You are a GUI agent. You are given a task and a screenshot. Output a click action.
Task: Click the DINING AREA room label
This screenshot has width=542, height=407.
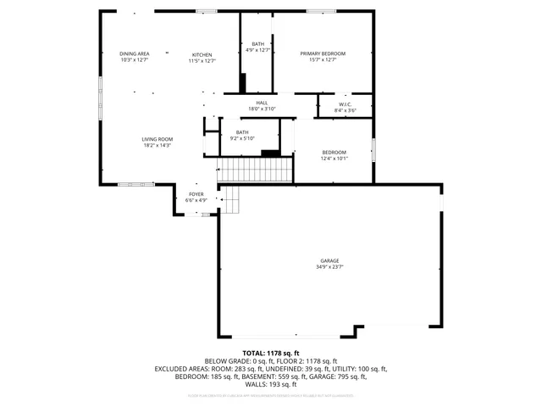[x=135, y=53]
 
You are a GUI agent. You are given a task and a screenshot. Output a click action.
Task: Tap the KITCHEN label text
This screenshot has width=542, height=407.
[x=201, y=54]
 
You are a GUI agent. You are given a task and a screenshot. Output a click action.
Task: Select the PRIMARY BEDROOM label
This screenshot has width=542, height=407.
[x=323, y=53]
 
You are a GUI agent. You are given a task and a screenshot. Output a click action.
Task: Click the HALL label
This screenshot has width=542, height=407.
[x=263, y=103]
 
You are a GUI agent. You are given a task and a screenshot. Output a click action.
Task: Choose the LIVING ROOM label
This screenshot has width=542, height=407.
[x=157, y=139]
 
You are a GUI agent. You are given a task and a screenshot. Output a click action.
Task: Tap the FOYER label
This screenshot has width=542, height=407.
[x=196, y=194]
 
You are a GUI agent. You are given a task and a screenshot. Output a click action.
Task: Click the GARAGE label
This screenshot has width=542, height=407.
[x=329, y=261]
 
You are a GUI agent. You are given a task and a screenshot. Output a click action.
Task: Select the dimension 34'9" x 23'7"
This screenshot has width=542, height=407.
[x=329, y=268]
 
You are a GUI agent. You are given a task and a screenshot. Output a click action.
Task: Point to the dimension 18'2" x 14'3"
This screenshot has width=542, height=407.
[x=157, y=146]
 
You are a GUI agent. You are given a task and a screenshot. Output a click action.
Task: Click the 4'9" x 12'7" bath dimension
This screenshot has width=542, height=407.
[x=257, y=50]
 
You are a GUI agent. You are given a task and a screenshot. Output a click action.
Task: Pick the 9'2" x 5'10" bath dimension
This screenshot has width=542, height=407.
[x=242, y=139]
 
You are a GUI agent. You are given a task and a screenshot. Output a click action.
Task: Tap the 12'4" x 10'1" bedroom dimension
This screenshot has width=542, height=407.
[x=334, y=159]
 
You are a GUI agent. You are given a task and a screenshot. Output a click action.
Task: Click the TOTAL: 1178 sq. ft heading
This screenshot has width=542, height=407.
[x=271, y=353]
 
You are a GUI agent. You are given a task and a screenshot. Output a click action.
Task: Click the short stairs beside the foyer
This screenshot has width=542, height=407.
[x=230, y=200]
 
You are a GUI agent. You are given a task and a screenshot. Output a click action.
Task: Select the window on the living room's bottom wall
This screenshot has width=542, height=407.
[x=135, y=184]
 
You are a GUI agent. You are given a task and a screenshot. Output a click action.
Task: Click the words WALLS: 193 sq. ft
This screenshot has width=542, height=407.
[x=271, y=383]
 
